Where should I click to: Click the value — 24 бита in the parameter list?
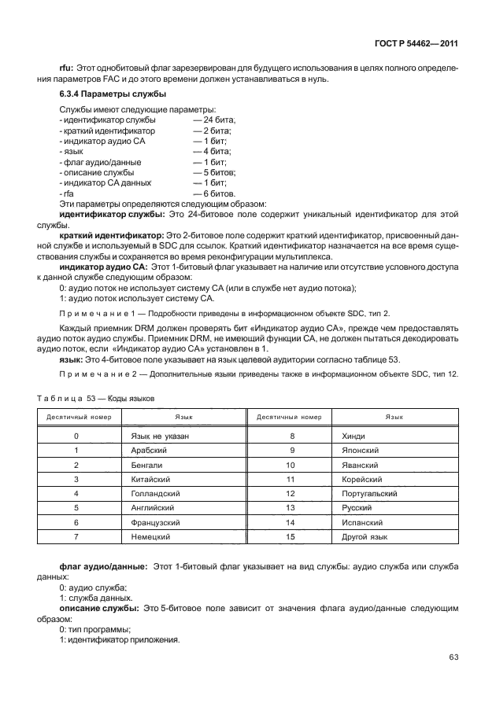214,119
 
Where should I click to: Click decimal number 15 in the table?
291,536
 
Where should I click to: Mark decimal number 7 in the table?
76,536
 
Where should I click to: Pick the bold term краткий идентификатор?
110,235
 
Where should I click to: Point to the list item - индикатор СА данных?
103,182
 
